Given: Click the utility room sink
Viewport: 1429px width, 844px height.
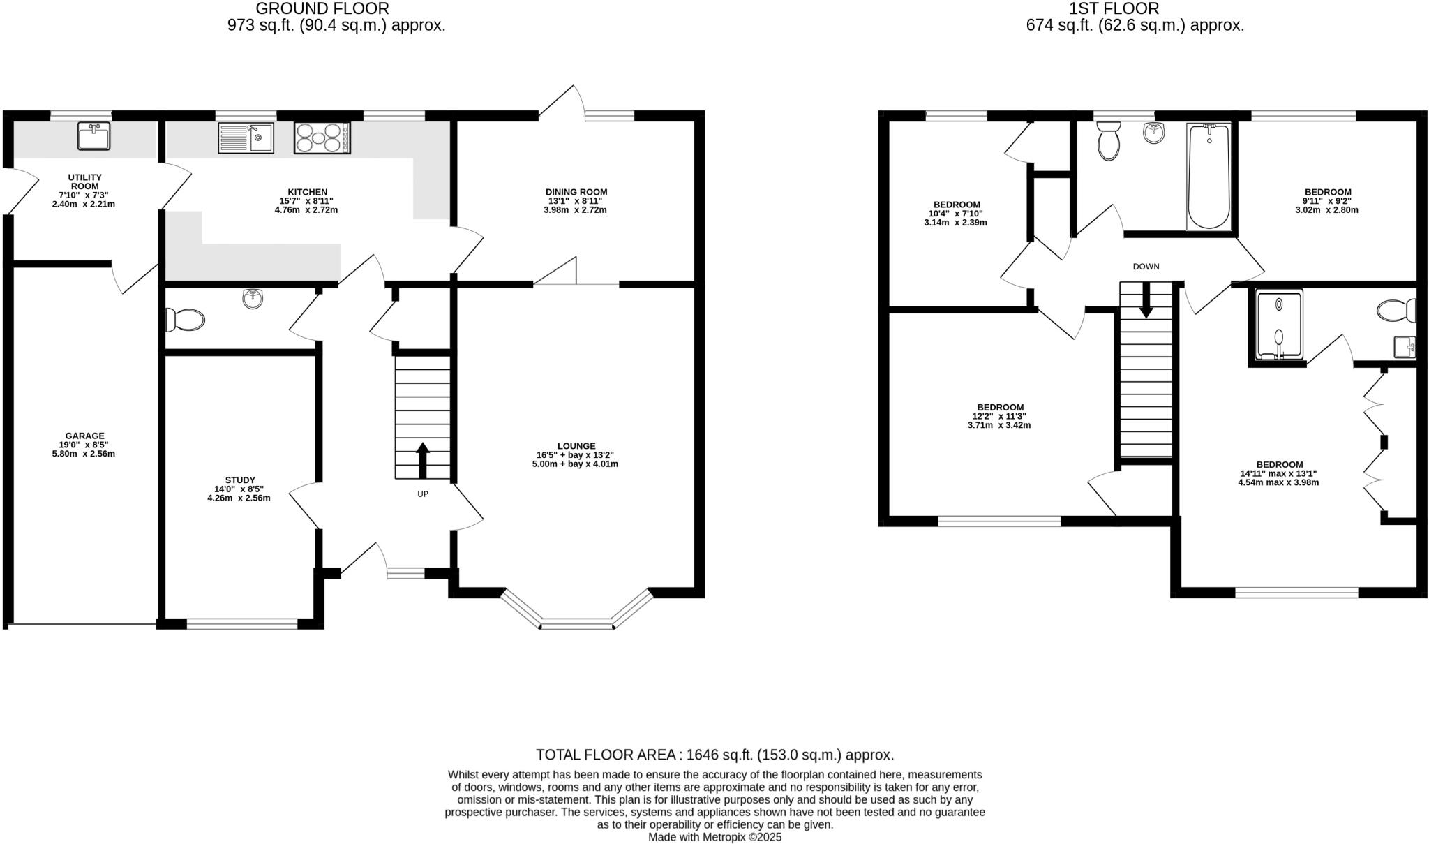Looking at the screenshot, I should [93, 137].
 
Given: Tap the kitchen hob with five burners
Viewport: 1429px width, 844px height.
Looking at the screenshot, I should [322, 138].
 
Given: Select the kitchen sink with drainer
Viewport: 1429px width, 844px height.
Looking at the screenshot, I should [246, 138].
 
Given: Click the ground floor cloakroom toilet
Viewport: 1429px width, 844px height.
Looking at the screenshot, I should [185, 320].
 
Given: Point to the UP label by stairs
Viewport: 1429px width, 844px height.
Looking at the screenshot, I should [423, 494].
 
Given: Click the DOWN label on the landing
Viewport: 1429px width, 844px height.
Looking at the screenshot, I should [1146, 267].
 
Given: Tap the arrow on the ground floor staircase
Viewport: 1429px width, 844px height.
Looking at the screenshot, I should [423, 459].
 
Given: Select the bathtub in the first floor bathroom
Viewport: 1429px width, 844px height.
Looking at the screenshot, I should [1209, 177].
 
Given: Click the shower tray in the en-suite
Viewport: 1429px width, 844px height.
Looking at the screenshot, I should [1278, 325].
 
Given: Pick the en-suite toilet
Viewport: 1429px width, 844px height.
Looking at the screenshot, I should [1397, 311].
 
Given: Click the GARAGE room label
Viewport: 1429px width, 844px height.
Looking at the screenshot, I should [84, 436].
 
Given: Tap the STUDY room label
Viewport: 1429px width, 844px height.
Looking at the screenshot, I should [239, 480].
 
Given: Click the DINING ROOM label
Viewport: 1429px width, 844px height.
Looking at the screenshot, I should [576, 192].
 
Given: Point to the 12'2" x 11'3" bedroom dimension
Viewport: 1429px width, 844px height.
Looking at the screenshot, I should [1000, 416].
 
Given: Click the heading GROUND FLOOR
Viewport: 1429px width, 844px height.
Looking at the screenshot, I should [322, 9].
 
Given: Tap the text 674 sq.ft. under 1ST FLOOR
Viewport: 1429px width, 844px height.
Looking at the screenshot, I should [1060, 26].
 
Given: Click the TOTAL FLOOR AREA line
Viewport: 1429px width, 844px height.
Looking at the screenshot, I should [714, 755].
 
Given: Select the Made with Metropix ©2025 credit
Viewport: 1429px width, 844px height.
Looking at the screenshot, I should [714, 837].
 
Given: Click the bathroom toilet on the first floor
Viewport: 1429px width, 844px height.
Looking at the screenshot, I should [1108, 142].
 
